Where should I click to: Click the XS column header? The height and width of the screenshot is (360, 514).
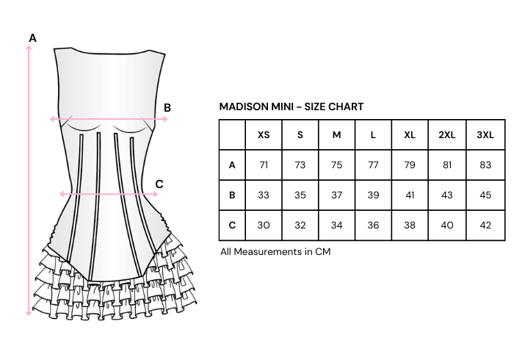click(264, 135)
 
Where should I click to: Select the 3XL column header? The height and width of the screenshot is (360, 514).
click(485, 135)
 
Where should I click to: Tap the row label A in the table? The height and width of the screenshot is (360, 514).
click(232, 165)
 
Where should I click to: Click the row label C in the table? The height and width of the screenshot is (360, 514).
click(232, 226)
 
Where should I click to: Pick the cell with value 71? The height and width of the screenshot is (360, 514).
click(264, 165)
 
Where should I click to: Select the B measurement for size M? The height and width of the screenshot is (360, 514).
click(337, 195)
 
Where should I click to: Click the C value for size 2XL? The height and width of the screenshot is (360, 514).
click(446, 226)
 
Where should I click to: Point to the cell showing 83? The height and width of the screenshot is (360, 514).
click(485, 165)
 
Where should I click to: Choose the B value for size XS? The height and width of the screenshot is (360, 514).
click(264, 195)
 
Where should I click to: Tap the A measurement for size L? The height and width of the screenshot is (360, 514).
click(373, 165)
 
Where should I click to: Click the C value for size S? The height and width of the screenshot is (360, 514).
click(300, 226)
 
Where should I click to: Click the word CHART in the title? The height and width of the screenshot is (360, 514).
click(346, 107)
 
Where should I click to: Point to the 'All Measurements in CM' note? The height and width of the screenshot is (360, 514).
click(275, 251)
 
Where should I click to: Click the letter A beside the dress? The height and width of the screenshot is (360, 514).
click(32, 37)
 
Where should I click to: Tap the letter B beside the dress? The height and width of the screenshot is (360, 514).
click(167, 107)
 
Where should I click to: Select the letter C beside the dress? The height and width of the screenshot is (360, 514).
click(159, 184)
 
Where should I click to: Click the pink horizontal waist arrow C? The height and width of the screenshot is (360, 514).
click(110, 194)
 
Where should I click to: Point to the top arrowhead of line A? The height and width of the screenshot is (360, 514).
click(29, 48)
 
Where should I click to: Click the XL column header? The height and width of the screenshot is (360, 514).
click(410, 135)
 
